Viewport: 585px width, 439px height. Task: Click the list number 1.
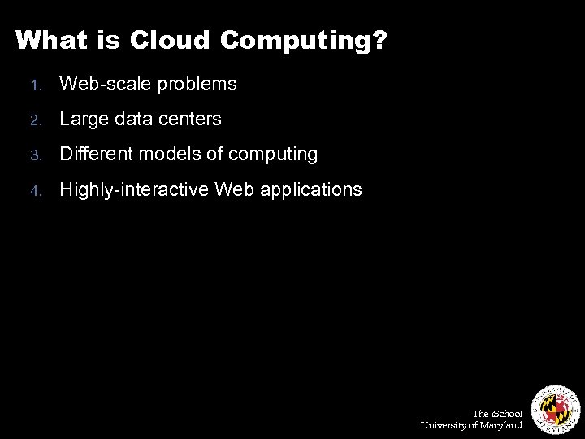33,85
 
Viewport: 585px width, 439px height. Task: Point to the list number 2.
33,120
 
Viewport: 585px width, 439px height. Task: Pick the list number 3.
33,154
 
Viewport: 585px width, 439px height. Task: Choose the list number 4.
33,190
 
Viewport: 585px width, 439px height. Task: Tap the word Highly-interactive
134,189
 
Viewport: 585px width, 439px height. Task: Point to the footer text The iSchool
497,414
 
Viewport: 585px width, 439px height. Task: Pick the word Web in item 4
232,189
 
